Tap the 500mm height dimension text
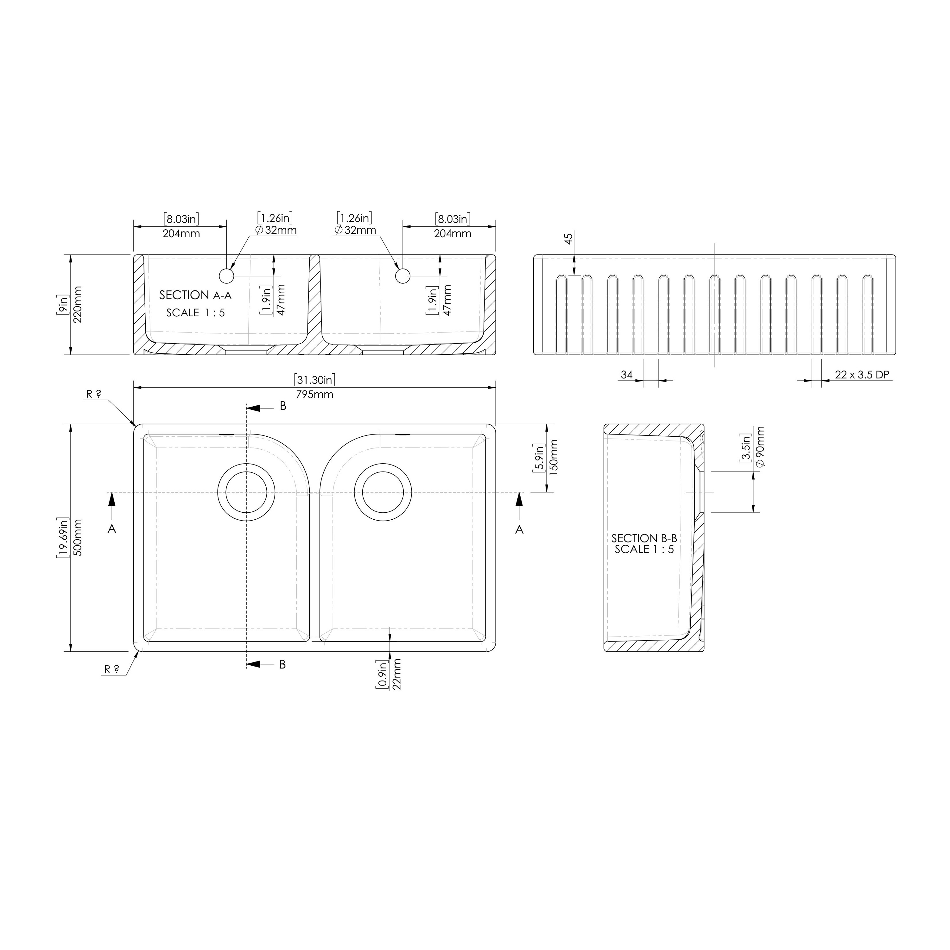point(78,537)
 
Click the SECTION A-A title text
point(195,295)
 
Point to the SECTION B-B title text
point(644,538)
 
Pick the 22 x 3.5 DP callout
point(862,375)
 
